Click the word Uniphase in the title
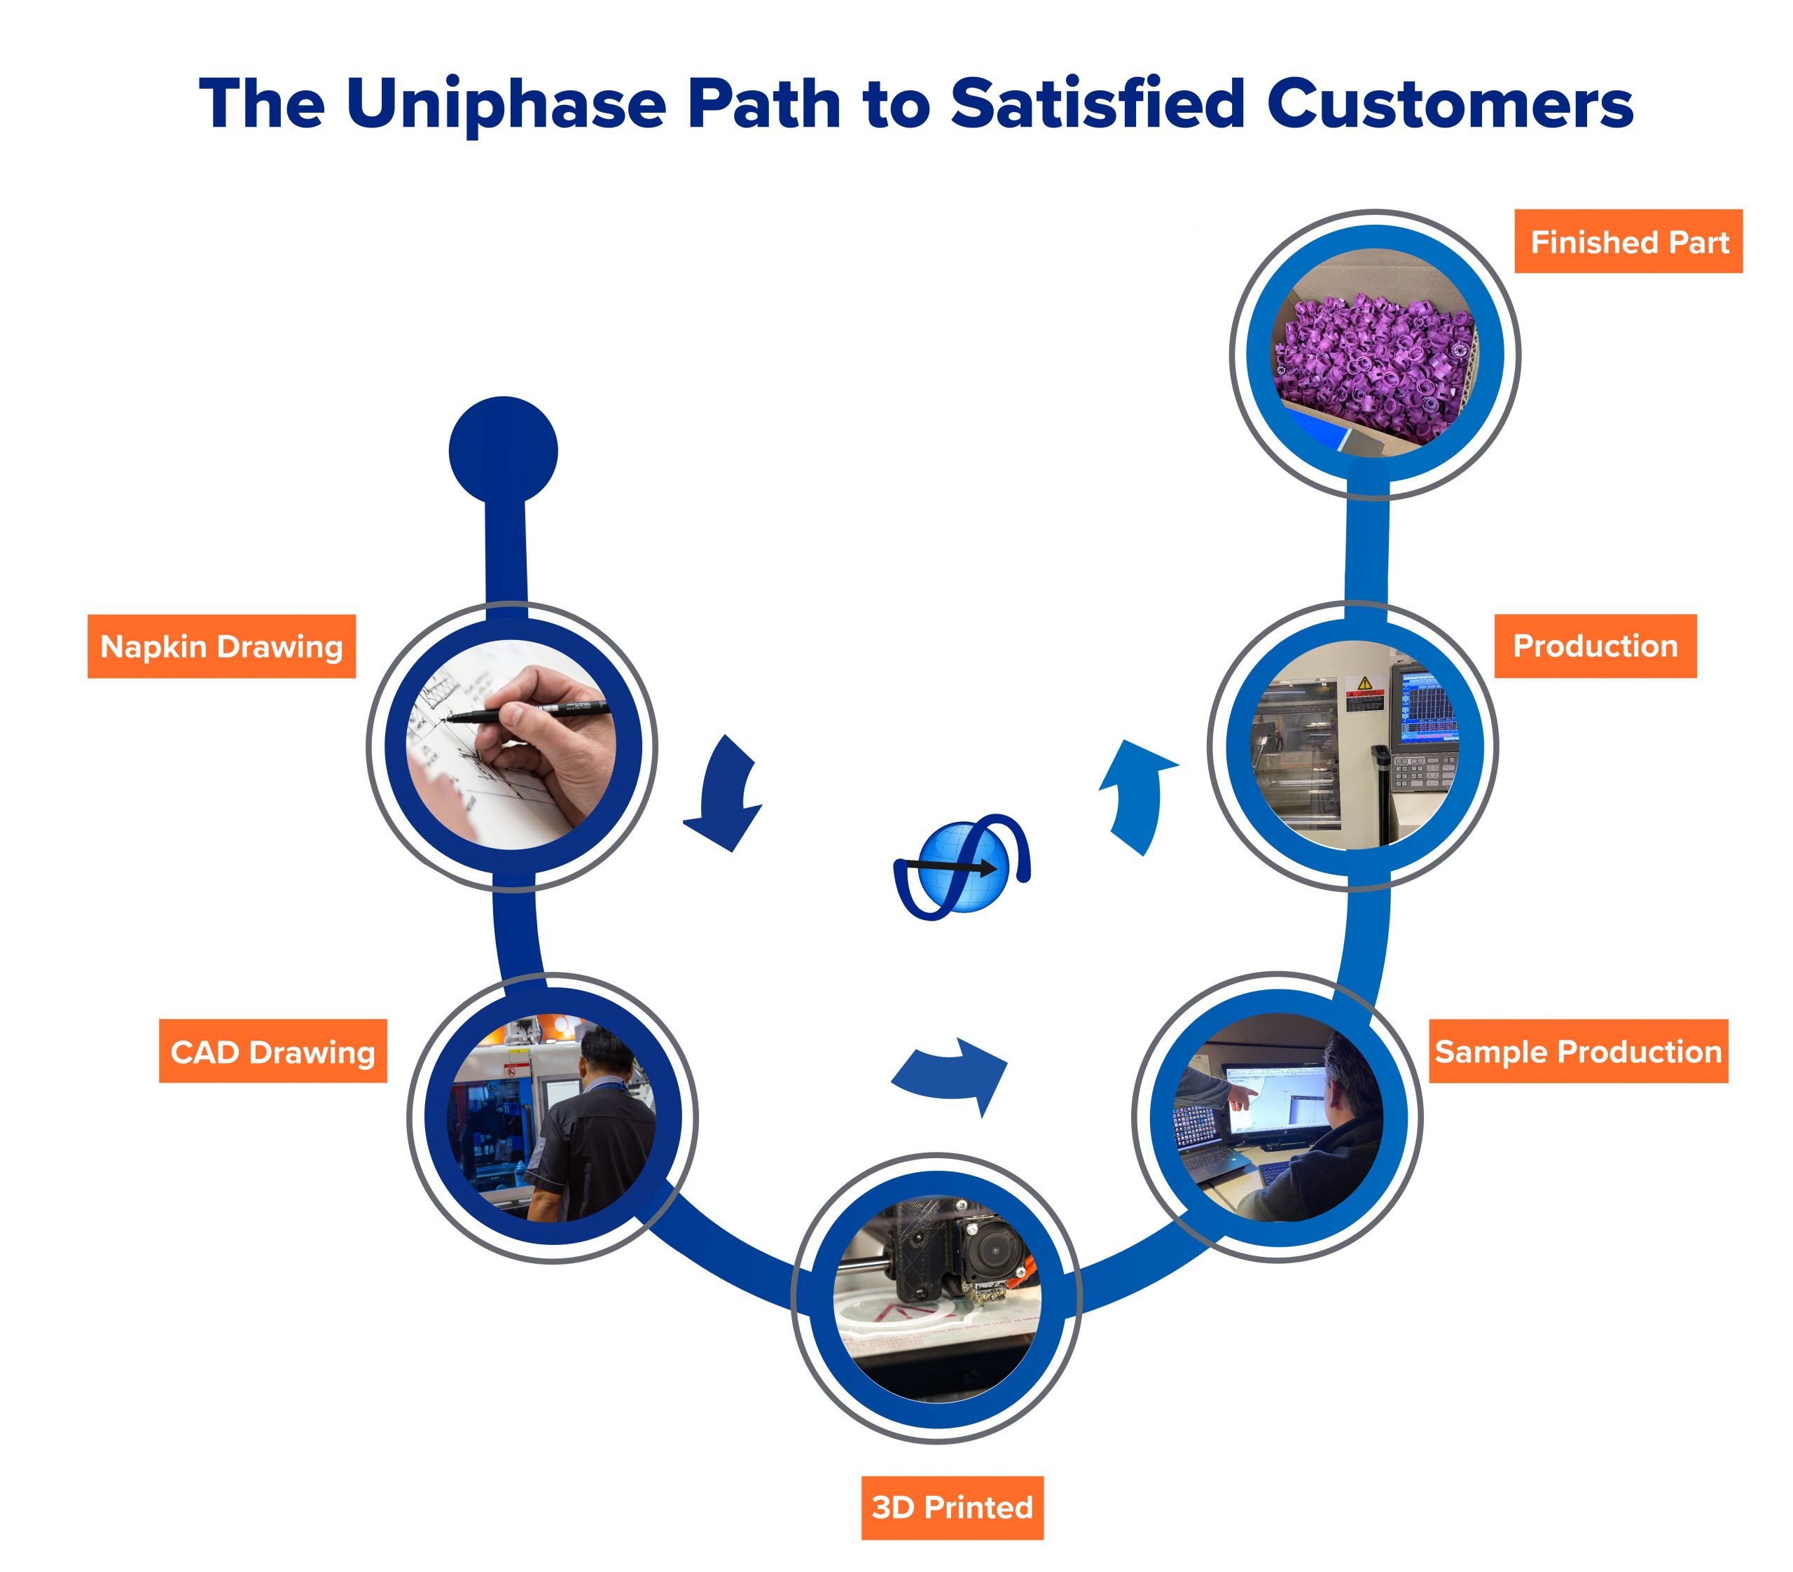pyautogui.click(x=506, y=104)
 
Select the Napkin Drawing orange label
pyautogui.click(x=222, y=646)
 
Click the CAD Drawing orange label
pyautogui.click(x=273, y=1051)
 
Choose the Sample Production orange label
pyautogui.click(x=1579, y=1051)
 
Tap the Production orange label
pyautogui.click(x=1595, y=646)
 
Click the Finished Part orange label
pyautogui.click(x=1629, y=242)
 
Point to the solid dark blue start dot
pyautogui.click(x=504, y=451)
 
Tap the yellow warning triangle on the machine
pyautogui.click(x=1365, y=683)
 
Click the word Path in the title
pyautogui.click(x=762, y=104)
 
